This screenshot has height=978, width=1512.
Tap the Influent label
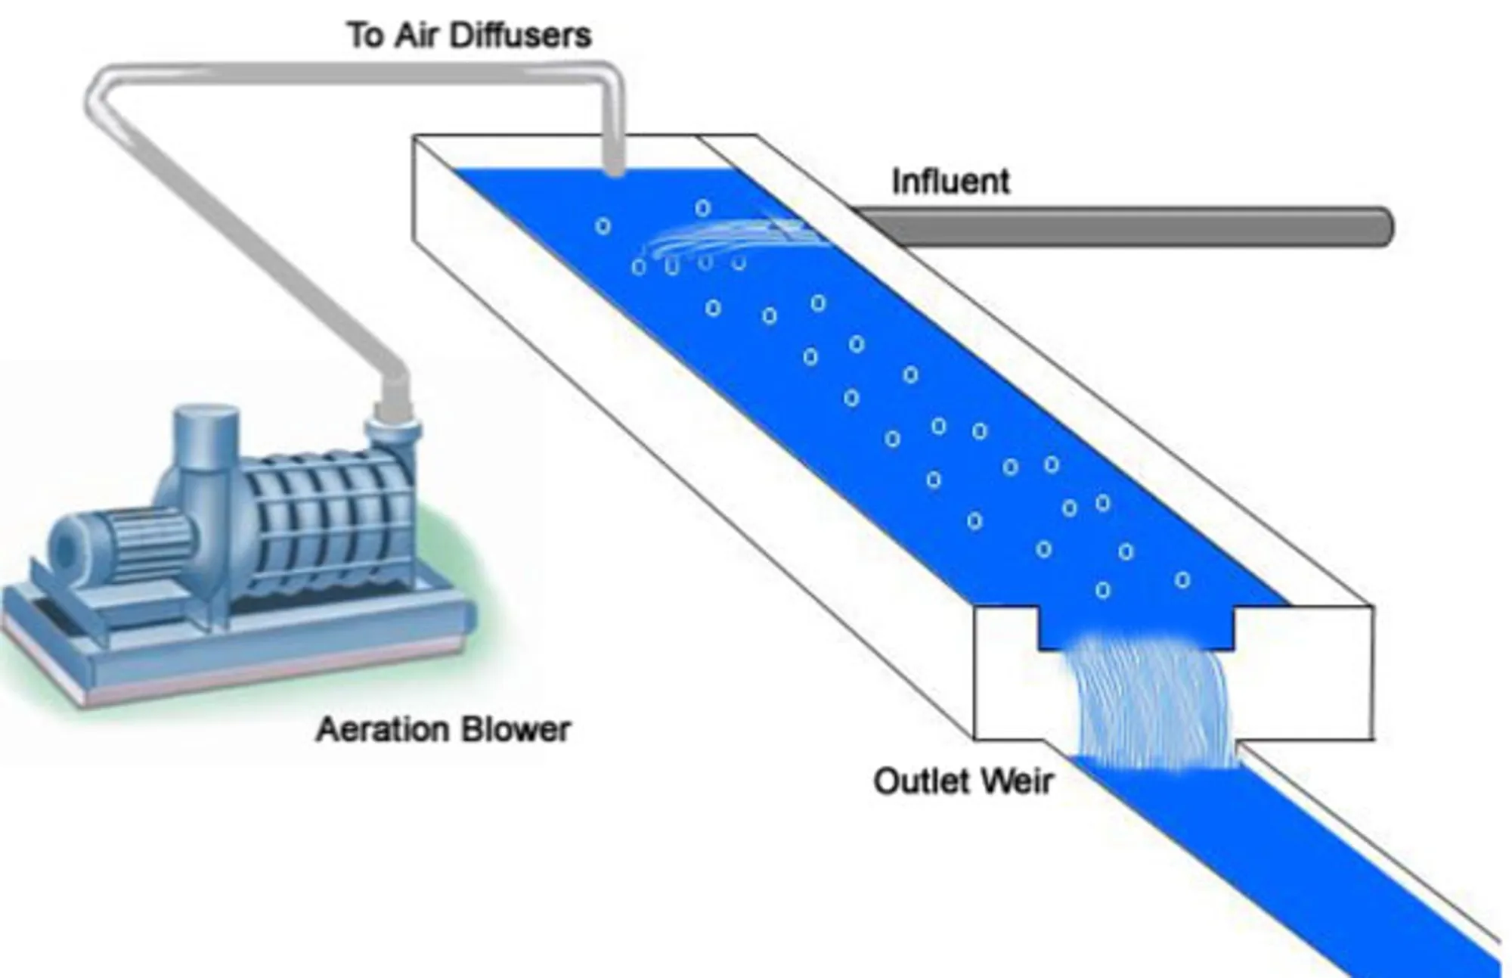(950, 182)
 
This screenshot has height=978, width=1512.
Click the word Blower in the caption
(516, 730)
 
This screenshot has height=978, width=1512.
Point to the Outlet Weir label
(962, 781)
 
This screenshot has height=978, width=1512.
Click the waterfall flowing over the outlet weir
(1153, 703)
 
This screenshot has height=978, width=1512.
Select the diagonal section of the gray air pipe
(249, 242)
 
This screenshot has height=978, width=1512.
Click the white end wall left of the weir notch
(1005, 673)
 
